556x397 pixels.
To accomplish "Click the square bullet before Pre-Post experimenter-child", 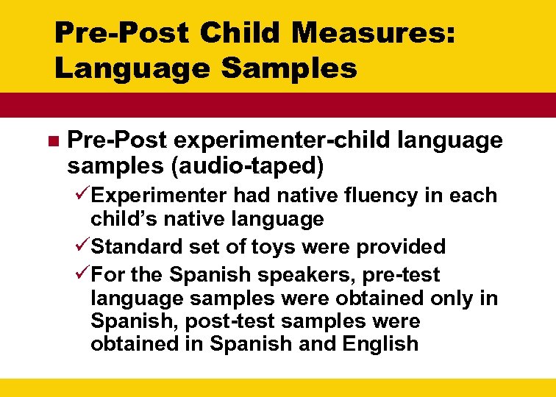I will (51, 140).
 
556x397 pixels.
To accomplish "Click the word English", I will (379, 343).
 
